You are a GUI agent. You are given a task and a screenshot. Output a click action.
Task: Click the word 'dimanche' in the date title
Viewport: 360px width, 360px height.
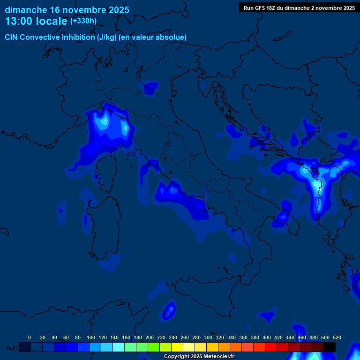coord(26,10)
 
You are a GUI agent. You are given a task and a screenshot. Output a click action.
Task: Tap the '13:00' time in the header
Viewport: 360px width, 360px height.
coord(19,21)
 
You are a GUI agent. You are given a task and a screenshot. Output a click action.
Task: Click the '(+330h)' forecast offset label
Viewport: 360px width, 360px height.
coord(83,21)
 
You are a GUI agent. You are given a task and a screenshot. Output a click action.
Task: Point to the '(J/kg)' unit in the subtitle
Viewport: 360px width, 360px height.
coord(109,37)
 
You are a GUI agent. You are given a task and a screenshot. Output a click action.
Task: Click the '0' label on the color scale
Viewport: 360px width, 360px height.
coord(30,337)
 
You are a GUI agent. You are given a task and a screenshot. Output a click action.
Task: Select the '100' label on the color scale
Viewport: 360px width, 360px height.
coord(91,337)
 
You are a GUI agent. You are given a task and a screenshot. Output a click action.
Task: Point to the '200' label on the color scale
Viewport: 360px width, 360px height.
coord(150,337)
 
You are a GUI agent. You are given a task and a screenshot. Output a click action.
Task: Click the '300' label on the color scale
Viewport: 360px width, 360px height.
coord(208,337)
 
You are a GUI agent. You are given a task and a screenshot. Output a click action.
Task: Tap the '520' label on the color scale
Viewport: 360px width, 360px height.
coord(337,337)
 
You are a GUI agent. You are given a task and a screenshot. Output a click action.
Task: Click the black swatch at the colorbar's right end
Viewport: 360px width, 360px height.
coord(330,347)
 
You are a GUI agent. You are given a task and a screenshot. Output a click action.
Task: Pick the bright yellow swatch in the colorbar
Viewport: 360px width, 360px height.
coord(177,347)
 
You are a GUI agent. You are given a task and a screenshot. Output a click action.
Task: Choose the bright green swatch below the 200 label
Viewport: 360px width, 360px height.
coord(153,347)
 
